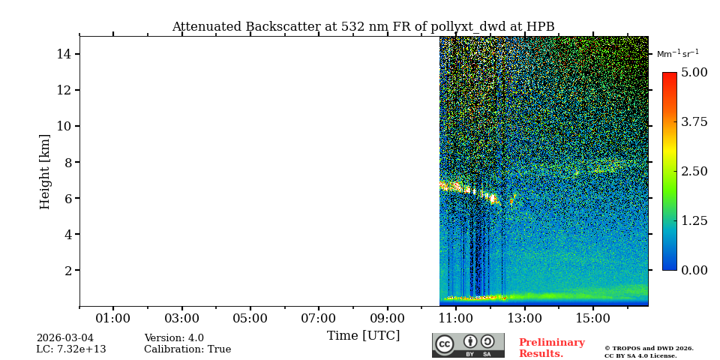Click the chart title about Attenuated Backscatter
[363, 27]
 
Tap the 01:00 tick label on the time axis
[113, 319]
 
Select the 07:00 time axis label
[318, 319]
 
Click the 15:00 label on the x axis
[592, 319]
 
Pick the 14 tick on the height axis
[64, 54]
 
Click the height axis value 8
[67, 162]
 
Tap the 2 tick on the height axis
[67, 271]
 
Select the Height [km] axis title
[45, 171]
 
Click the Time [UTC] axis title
[363, 335]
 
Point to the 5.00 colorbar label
[694, 73]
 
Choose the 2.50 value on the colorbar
[694, 171]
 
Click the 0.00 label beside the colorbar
[694, 270]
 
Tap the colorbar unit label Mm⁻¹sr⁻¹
[677, 53]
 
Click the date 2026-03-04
[64, 338]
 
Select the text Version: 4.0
[173, 338]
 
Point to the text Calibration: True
[187, 349]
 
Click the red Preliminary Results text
[551, 348]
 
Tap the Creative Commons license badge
[468, 345]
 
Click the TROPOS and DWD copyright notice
[649, 352]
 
